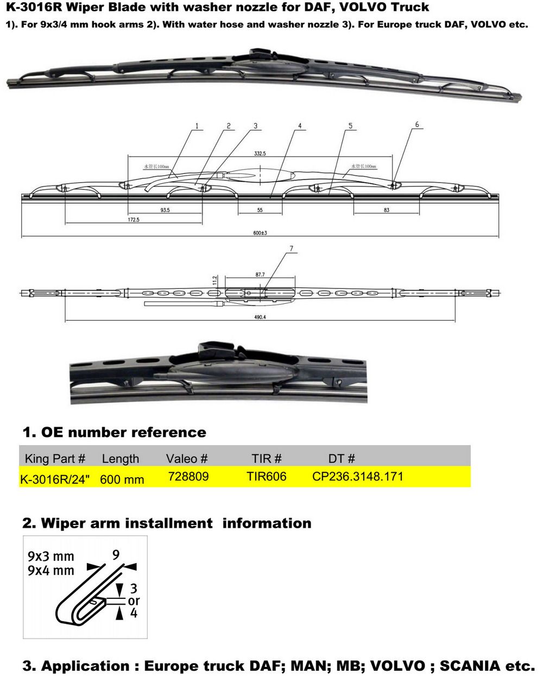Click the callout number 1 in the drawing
tap(197, 126)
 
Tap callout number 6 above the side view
tap(417, 125)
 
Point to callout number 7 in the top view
tap(292, 249)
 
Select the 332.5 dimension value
tap(260, 154)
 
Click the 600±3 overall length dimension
tap(260, 233)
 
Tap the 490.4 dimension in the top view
tap(260, 317)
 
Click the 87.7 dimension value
tap(260, 275)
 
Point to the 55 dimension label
tap(260, 210)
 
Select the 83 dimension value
tap(386, 210)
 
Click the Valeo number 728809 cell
tap(188, 477)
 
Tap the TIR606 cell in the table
tap(266, 477)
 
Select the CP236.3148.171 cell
tap(357, 477)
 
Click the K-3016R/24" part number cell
tap(55, 479)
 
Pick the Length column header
tap(121, 459)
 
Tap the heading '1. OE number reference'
tap(114, 433)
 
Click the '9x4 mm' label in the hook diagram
tap(50, 571)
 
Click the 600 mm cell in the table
tap(122, 479)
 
